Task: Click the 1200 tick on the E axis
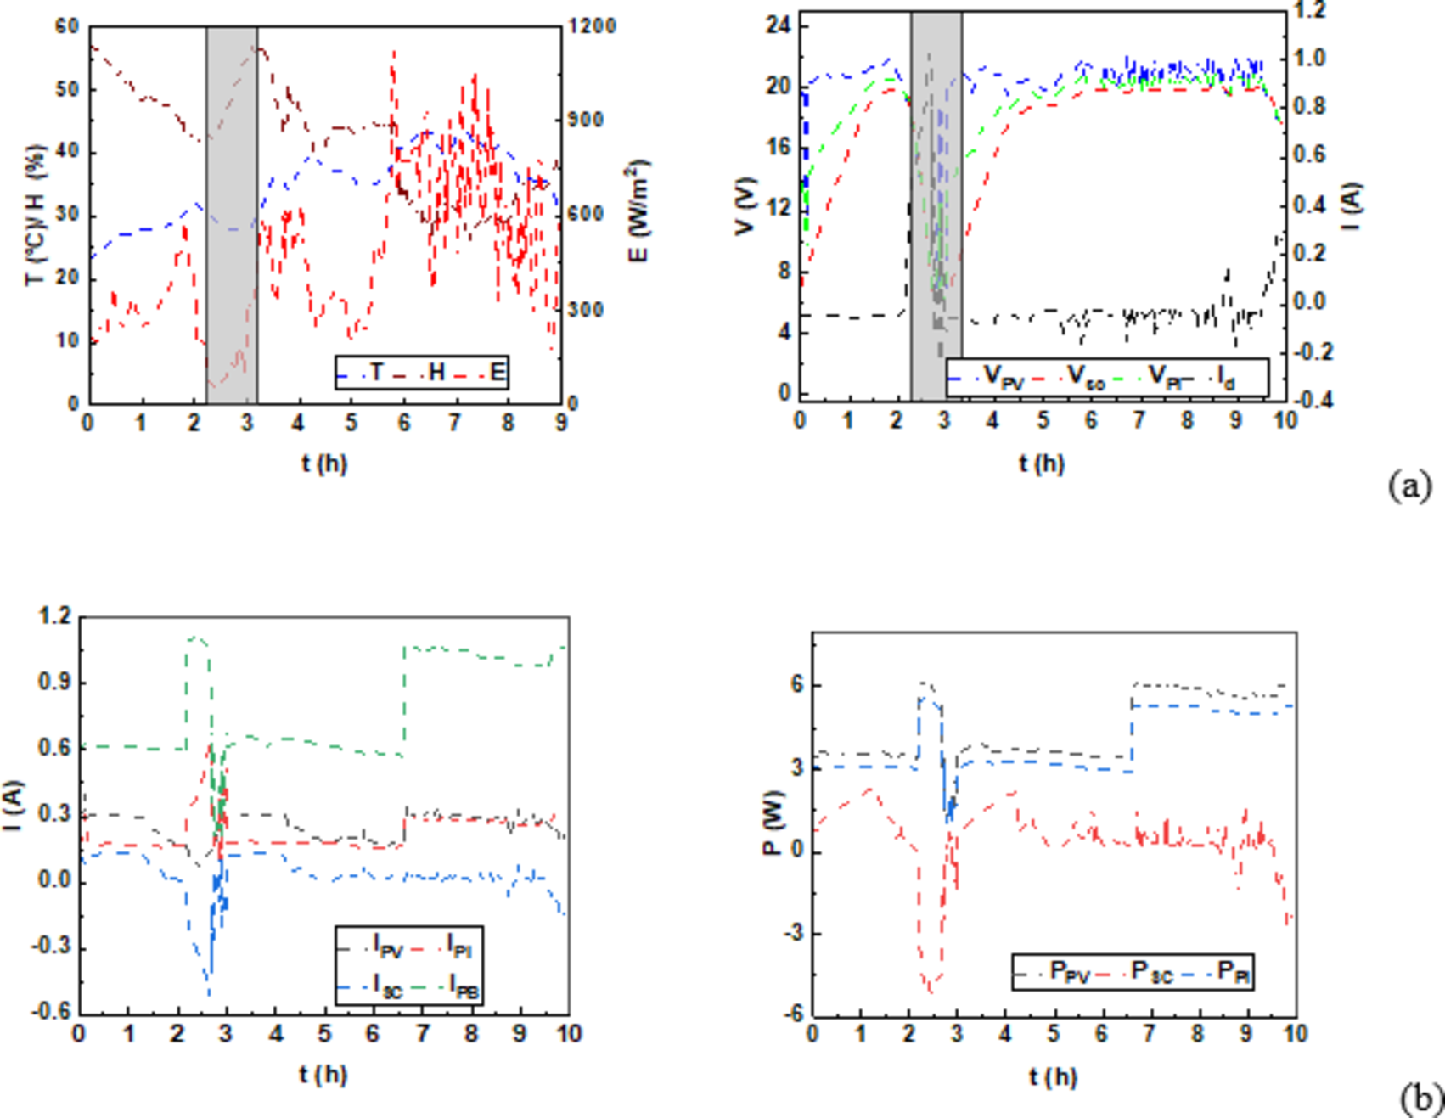pos(592,26)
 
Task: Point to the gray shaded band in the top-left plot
pos(232,212)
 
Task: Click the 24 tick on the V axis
pos(779,25)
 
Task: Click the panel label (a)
pos(1409,486)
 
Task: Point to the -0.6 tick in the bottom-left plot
pos(53,1013)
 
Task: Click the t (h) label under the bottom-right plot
pos(1053,1077)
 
